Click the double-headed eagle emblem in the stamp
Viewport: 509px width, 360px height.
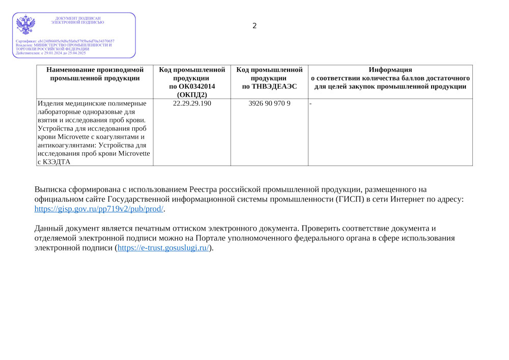point(26,25)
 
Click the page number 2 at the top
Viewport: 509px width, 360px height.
point(254,26)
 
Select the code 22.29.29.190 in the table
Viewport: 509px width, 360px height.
point(192,103)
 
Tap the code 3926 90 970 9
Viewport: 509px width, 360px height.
point(269,103)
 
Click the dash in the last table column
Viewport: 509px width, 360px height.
point(310,103)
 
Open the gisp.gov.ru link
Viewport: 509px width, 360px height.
point(99,209)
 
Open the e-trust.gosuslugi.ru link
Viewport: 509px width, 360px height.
point(163,248)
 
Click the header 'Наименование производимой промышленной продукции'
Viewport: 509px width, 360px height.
point(95,74)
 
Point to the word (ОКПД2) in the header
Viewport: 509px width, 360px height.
point(192,94)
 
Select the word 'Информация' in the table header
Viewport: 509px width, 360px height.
point(390,70)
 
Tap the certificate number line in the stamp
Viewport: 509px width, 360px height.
point(65,41)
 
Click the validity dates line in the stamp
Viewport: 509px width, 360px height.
point(51,53)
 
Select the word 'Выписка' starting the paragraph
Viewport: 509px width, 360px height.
point(50,190)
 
